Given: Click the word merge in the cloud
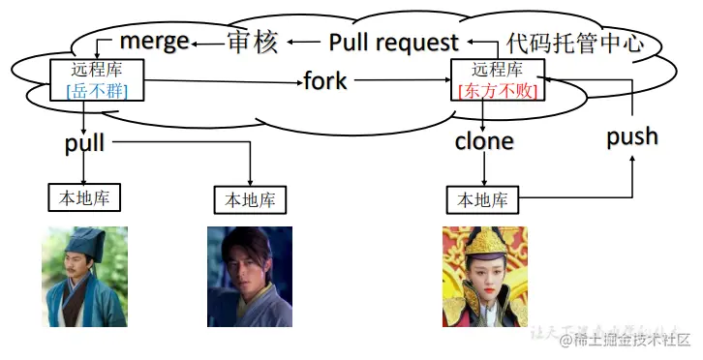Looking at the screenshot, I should (153, 43).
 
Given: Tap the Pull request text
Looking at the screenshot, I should (393, 43).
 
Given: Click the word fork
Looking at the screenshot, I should (324, 80).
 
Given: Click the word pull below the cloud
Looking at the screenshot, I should (84, 144).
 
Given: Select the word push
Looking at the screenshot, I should (632, 136).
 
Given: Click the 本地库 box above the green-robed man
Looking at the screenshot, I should (84, 197).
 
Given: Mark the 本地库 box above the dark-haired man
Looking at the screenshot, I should (250, 200).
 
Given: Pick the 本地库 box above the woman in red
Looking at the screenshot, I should (482, 200).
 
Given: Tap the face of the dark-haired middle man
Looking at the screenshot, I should (246, 264).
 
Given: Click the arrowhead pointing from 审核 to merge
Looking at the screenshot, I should (195, 43).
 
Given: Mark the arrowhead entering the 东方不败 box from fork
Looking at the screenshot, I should (447, 81).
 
